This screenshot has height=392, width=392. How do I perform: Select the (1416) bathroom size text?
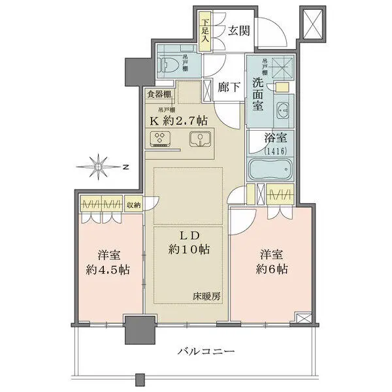(x=270, y=151)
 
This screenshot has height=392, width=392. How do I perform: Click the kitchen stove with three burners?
(x=161, y=139)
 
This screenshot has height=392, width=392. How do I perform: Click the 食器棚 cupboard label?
(x=159, y=94)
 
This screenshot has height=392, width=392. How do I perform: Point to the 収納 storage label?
(x=133, y=204)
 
